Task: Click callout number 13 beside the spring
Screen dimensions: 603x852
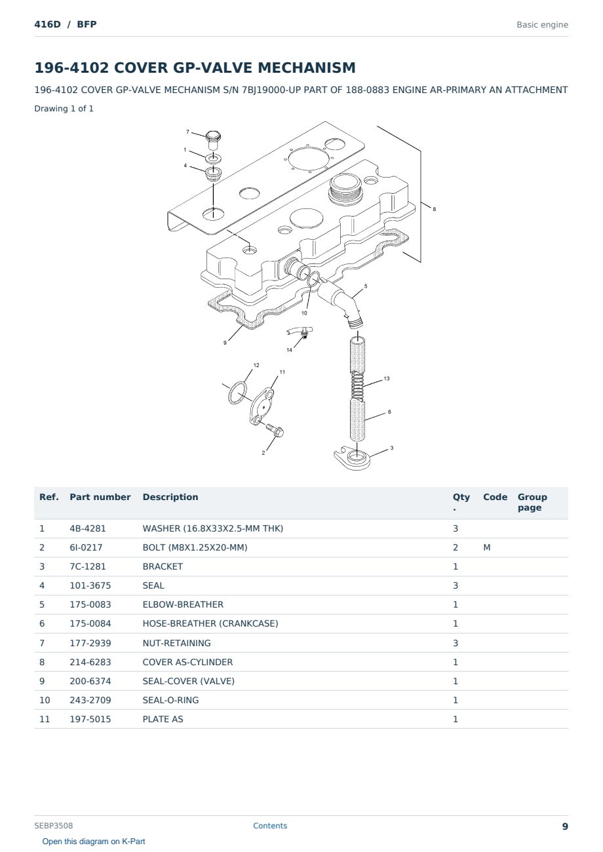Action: pos(387,378)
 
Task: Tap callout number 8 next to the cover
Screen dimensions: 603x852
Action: pos(434,209)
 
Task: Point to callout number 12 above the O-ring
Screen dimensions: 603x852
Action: pos(256,365)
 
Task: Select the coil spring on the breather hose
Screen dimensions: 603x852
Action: pos(358,385)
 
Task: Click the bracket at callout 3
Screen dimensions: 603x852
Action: pos(352,458)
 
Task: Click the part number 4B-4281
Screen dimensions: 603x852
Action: pos(88,528)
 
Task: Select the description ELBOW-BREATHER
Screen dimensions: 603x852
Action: pos(183,604)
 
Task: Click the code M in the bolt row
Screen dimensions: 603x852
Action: pos(486,547)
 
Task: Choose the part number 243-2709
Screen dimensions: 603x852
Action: pos(90,700)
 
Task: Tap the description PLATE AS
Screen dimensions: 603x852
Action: pos(163,719)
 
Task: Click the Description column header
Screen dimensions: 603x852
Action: pos(170,497)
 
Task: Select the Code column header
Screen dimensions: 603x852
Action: pos(495,497)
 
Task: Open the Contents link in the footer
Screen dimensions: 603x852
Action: pos(270,825)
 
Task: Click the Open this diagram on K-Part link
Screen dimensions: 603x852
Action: pos(94,841)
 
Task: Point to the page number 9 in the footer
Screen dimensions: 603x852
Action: pos(565,826)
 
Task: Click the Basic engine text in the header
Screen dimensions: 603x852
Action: pos(542,25)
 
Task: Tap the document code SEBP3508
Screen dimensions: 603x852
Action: pos(54,825)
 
